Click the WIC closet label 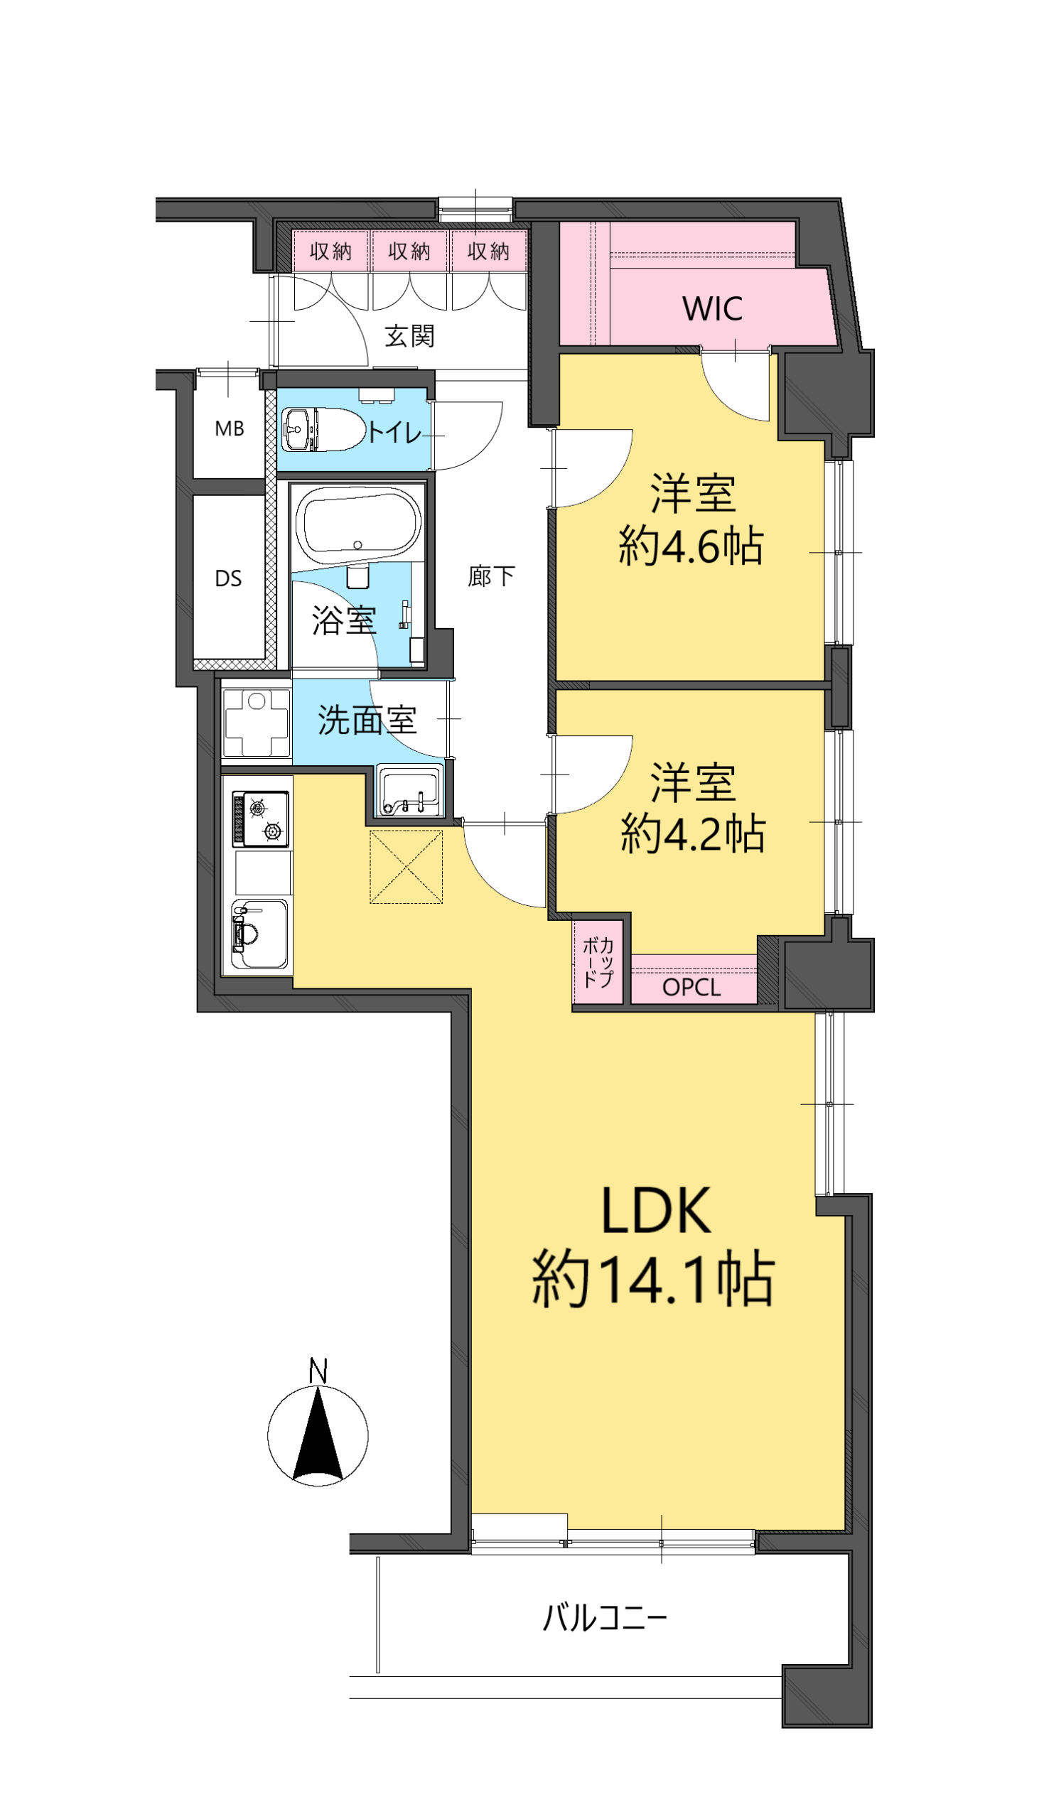coord(712,309)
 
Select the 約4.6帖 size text coord(691,546)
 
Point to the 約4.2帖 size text coord(693,834)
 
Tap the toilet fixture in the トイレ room coord(323,429)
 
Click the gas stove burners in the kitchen coord(262,819)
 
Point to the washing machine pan coord(256,723)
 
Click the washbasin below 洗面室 coord(410,791)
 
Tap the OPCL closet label coord(691,987)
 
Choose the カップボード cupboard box coord(598,963)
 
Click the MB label coord(229,428)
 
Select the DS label coord(228,578)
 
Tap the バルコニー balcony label coord(605,1617)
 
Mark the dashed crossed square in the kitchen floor coord(406,867)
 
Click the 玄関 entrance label coord(409,336)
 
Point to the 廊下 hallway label coord(491,576)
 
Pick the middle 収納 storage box coord(409,250)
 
